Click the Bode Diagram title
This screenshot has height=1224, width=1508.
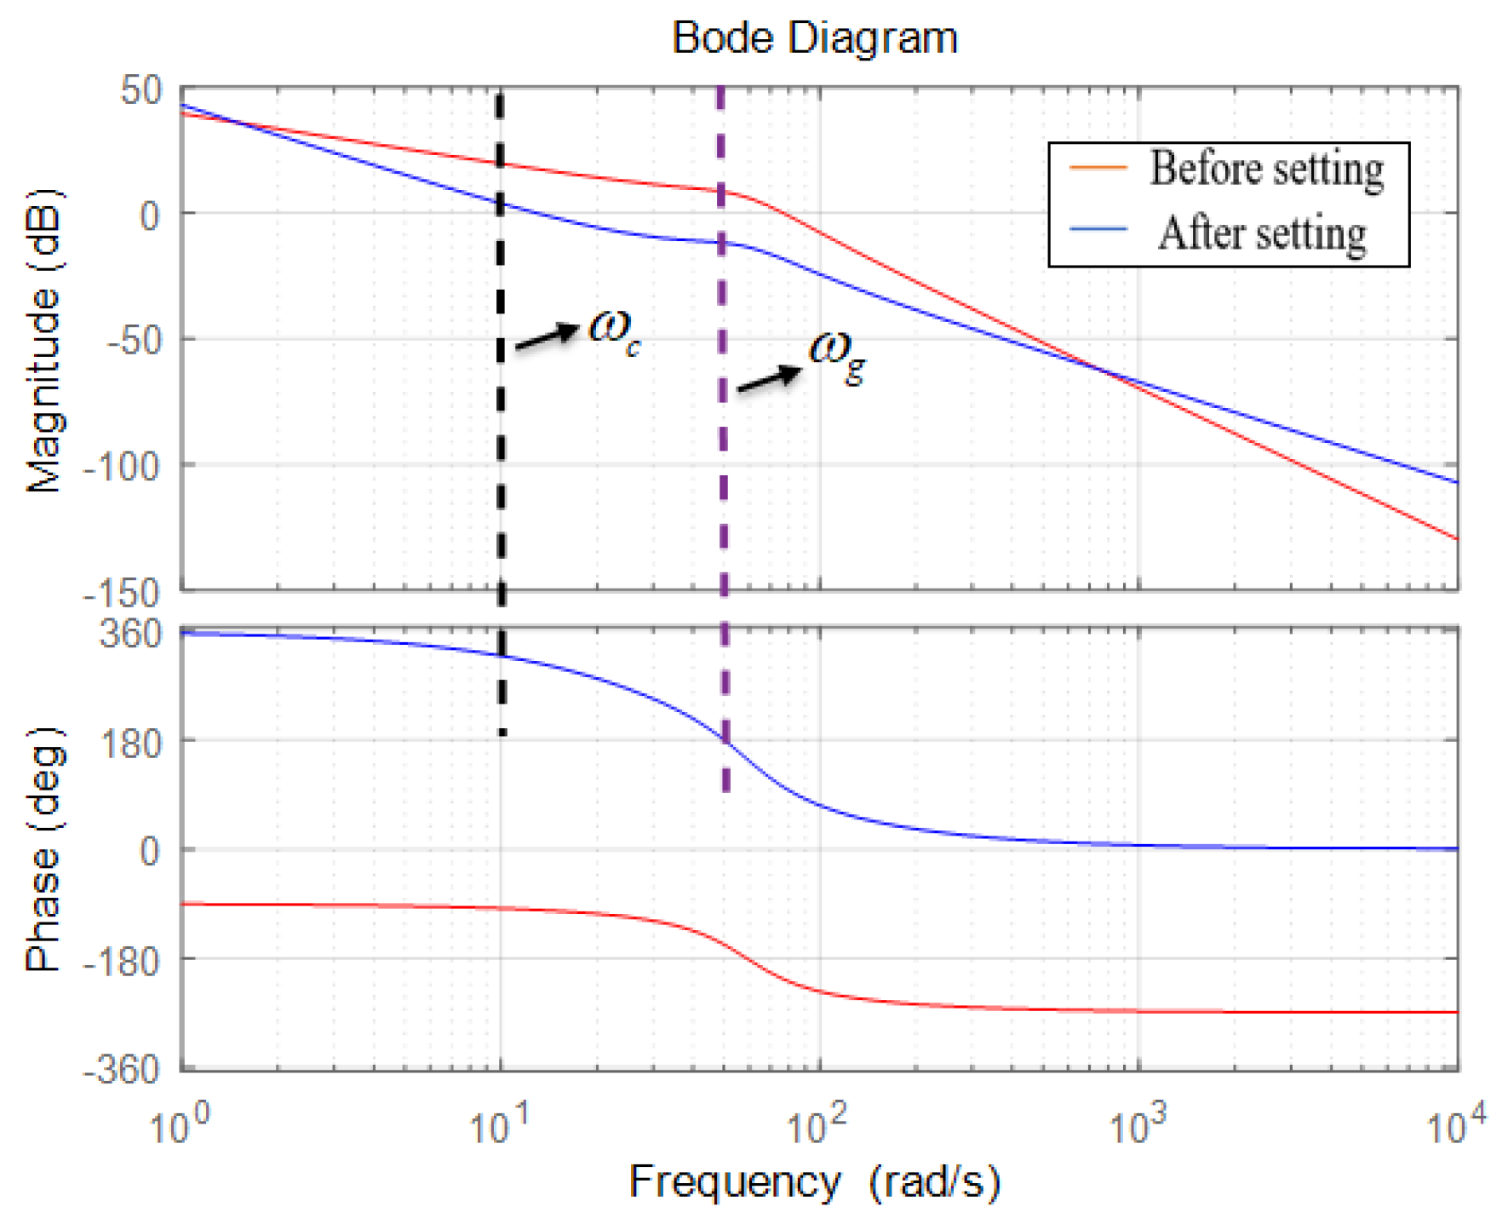814,38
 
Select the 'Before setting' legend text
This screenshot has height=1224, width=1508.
1266,169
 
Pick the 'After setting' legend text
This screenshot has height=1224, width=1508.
1262,233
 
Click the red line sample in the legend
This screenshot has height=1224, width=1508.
1098,168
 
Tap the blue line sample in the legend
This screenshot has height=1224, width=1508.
1098,230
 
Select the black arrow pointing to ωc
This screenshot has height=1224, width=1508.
548,336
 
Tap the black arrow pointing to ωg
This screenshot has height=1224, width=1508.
769,379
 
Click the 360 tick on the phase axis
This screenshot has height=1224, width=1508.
130,635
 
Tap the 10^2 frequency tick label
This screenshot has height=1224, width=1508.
817,1124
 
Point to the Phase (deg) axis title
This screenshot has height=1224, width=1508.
44,849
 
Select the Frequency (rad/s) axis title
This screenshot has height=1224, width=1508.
814,1182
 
